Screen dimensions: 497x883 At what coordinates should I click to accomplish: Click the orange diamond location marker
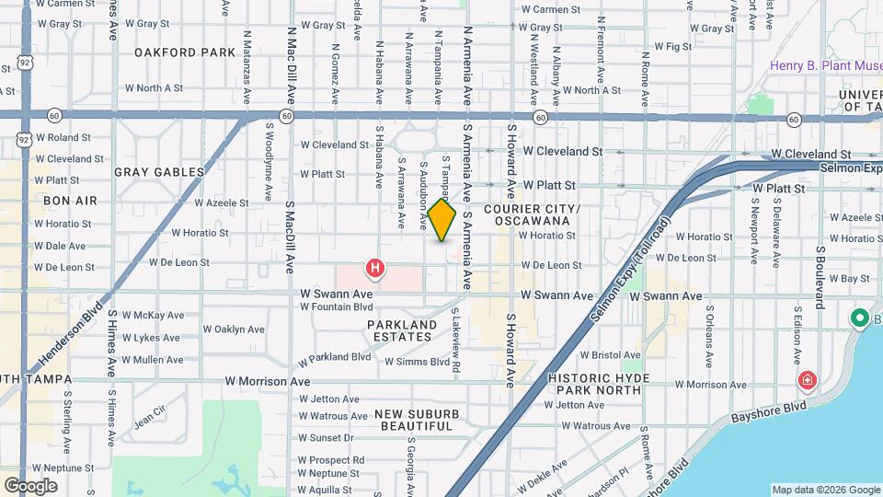pyautogui.click(x=442, y=220)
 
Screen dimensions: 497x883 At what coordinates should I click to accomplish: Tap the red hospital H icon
pyautogui.click(x=375, y=269)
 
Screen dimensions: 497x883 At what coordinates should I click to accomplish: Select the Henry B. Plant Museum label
pyautogui.click(x=826, y=66)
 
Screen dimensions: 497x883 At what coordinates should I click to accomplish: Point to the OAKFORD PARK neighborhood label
pyautogui.click(x=185, y=52)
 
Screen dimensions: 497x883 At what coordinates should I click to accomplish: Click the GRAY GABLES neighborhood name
pyautogui.click(x=159, y=172)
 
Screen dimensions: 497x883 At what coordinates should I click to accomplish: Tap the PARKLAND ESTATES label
pyautogui.click(x=402, y=330)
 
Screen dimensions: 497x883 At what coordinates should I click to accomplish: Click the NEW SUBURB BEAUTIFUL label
pyautogui.click(x=417, y=420)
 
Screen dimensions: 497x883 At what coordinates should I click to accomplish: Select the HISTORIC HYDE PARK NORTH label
pyautogui.click(x=606, y=384)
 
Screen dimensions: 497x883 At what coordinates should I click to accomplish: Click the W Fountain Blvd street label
pyautogui.click(x=336, y=306)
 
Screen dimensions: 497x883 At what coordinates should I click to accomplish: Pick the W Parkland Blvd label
pyautogui.click(x=334, y=356)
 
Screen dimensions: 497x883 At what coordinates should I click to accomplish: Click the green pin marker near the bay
pyautogui.click(x=860, y=318)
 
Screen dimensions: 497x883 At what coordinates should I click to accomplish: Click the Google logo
pyautogui.click(x=30, y=485)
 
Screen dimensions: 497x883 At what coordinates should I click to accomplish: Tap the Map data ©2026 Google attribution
pyautogui.click(x=824, y=490)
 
